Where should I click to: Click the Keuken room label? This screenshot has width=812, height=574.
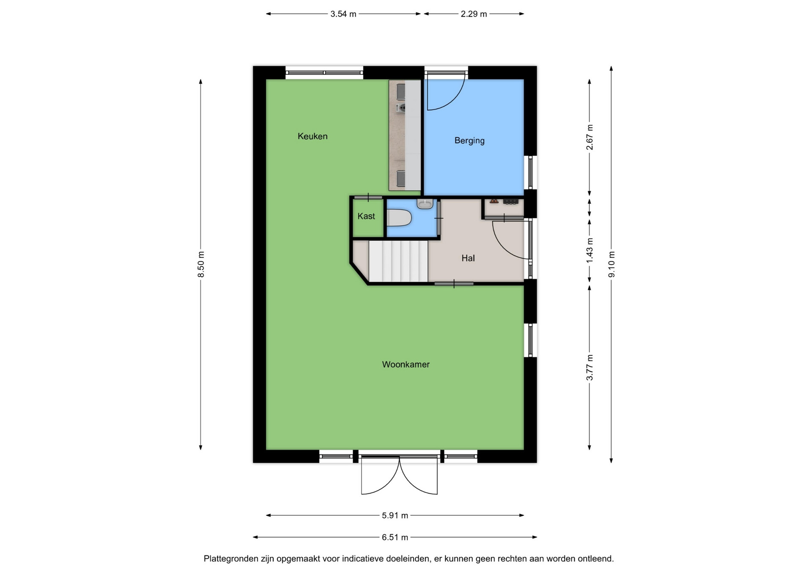(x=313, y=136)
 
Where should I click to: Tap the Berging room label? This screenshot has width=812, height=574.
(x=469, y=140)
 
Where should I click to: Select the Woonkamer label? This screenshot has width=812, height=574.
(x=406, y=364)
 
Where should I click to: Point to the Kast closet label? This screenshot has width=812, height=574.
(x=366, y=216)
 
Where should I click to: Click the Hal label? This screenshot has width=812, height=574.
(x=468, y=258)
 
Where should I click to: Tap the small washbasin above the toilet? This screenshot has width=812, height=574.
(x=425, y=204)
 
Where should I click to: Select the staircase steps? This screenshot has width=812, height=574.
(x=398, y=261)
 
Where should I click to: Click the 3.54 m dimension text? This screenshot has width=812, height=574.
(x=343, y=14)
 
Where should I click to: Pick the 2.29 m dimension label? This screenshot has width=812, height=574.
(x=474, y=14)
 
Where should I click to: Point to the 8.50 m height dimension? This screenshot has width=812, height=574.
(x=201, y=264)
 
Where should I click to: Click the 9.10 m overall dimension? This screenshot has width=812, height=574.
(x=612, y=264)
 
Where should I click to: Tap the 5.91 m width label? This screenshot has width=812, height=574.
(x=395, y=515)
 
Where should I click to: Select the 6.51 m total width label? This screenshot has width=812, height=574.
(x=395, y=537)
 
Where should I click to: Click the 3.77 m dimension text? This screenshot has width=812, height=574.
(x=590, y=367)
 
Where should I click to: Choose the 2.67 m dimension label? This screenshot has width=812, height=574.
(x=590, y=137)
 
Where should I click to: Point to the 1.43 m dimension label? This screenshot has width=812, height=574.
(x=590, y=250)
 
